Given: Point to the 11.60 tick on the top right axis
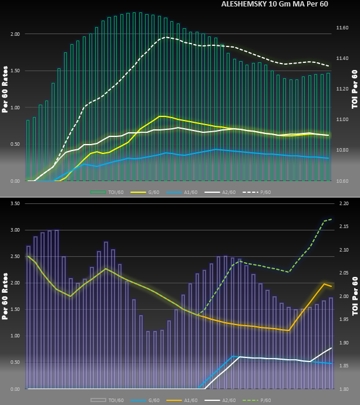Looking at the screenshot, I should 342,28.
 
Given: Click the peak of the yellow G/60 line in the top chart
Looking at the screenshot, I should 162,116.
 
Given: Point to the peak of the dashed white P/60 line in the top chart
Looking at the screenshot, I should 165,37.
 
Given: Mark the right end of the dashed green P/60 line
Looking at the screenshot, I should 332,219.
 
